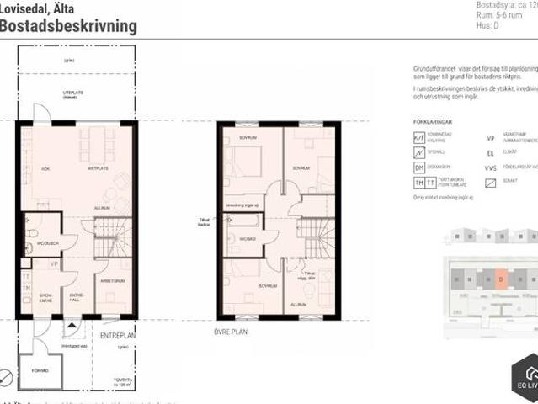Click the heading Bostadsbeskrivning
pos(69,26)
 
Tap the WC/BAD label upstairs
pos(247,239)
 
